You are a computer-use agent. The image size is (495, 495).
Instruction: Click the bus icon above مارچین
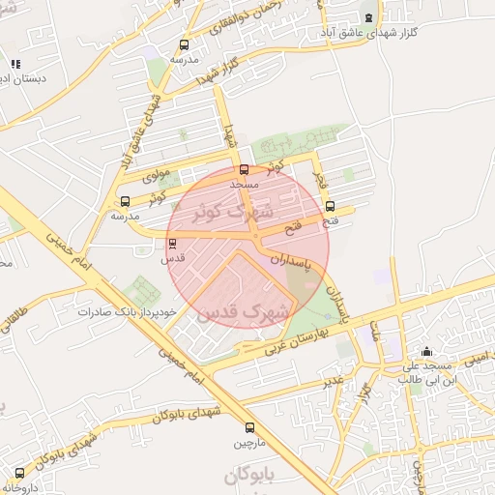pos(250,427)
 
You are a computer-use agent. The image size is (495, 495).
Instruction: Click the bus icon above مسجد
pos(243,169)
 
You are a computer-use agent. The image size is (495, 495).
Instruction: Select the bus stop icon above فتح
pos(331,206)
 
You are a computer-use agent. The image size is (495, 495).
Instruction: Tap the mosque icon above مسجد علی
pos(426,351)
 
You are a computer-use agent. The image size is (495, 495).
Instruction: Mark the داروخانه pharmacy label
pos(20,488)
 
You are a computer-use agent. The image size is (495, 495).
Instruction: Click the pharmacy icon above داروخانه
pos(19,473)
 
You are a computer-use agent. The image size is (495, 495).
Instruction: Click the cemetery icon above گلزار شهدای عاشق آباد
pos(368,16)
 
